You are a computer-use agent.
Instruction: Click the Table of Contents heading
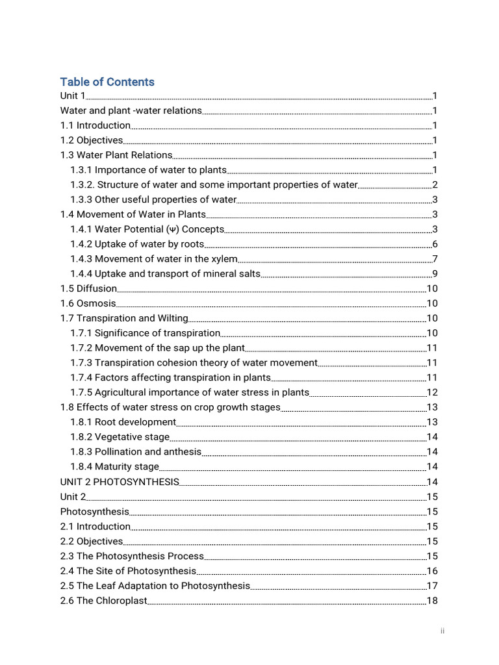coord(107,82)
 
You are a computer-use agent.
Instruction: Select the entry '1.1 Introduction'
coord(96,125)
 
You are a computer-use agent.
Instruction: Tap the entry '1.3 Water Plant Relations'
coord(116,155)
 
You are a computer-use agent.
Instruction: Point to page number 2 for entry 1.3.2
coord(435,185)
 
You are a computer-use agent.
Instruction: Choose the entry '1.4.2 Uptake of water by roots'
coord(137,244)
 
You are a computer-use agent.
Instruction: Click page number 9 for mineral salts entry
coord(435,274)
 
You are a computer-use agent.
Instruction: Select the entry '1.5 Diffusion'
coord(89,288)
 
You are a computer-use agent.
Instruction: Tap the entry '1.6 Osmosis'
coord(88,303)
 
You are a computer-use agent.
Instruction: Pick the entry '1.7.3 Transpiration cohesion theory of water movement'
coord(194,363)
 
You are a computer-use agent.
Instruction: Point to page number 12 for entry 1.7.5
coord(432,392)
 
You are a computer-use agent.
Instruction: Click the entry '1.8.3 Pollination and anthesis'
coord(136,452)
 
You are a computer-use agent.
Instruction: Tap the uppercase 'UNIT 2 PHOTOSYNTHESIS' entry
coord(120,482)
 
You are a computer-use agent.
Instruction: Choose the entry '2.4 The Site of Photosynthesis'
coord(128,571)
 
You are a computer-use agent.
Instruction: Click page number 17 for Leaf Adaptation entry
coord(432,586)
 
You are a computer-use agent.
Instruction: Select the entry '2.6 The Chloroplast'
coord(104,601)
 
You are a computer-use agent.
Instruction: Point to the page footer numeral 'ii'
coord(442,631)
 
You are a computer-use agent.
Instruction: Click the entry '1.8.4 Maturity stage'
coord(114,467)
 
